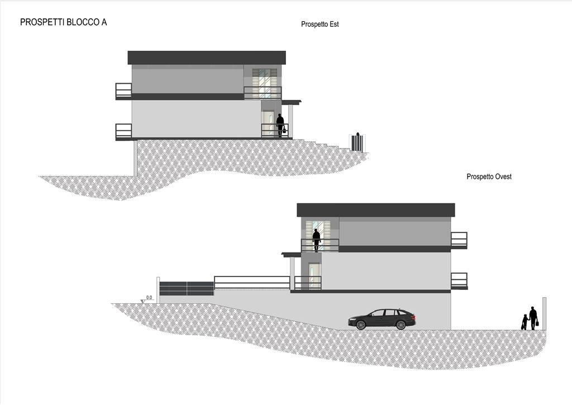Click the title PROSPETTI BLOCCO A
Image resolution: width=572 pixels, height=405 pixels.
click(64, 22)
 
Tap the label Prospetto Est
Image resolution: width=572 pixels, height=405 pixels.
click(320, 24)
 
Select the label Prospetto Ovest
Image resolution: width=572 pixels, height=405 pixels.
click(489, 177)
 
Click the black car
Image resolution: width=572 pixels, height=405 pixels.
click(382, 320)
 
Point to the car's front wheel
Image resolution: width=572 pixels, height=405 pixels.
click(361, 325)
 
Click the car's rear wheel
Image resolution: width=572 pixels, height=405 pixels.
click(401, 325)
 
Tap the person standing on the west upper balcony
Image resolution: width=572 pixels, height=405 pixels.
click(316, 240)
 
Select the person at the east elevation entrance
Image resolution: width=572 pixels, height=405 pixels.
click(280, 125)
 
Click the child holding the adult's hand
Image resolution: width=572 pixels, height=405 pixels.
click(525, 322)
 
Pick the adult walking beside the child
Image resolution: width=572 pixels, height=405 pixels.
click(533, 318)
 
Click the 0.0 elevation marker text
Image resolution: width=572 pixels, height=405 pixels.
click(149, 298)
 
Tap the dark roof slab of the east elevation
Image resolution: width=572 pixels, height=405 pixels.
click(207, 58)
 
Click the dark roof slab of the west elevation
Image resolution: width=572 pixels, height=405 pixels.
click(376, 210)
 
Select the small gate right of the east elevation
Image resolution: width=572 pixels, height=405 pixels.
click(357, 142)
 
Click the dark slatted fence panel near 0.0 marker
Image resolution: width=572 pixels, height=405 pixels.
click(187, 288)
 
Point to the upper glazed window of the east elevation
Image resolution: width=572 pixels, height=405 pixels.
click(264, 83)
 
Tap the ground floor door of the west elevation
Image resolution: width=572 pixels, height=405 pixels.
click(314, 276)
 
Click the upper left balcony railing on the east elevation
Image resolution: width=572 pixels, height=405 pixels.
click(123, 90)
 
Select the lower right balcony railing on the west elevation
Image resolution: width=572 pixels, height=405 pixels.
click(459, 280)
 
